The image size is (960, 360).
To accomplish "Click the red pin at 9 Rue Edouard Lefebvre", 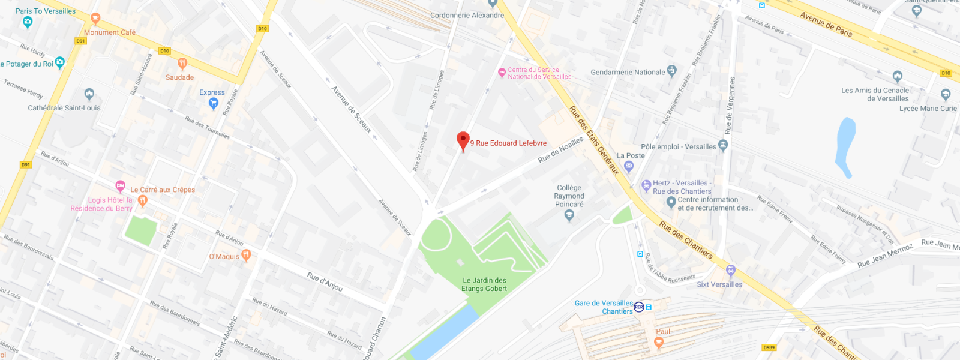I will coord(463,140).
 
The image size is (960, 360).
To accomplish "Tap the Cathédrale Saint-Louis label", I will coord(64,108).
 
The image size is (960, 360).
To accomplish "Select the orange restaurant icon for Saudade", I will coord(182,63).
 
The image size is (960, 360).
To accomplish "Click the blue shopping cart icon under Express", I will coord(213,103).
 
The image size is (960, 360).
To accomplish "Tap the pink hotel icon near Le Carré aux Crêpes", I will coord(120,185).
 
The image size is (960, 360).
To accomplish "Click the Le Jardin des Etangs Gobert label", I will coord(484,284).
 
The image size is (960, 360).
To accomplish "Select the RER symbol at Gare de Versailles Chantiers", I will coord(639,307).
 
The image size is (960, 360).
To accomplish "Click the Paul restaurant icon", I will coord(659,343).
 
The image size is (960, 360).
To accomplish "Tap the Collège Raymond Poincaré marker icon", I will coord(569,216).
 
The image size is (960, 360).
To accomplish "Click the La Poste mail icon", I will coord(629,167).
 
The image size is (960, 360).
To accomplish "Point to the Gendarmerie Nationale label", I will coord(628,72).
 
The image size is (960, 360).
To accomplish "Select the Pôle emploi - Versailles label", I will coord(679,146).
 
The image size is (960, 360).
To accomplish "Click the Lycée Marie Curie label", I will coord(928,109).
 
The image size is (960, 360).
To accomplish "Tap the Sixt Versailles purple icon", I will coord(730,271).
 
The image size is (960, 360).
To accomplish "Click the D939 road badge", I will coord(769,347).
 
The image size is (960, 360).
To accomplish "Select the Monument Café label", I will coord(110,32).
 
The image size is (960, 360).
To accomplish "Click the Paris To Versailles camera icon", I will coord(27,22).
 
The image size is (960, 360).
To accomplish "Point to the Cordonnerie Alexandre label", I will coord(467,15).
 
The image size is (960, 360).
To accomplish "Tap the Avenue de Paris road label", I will coord(826,24).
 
